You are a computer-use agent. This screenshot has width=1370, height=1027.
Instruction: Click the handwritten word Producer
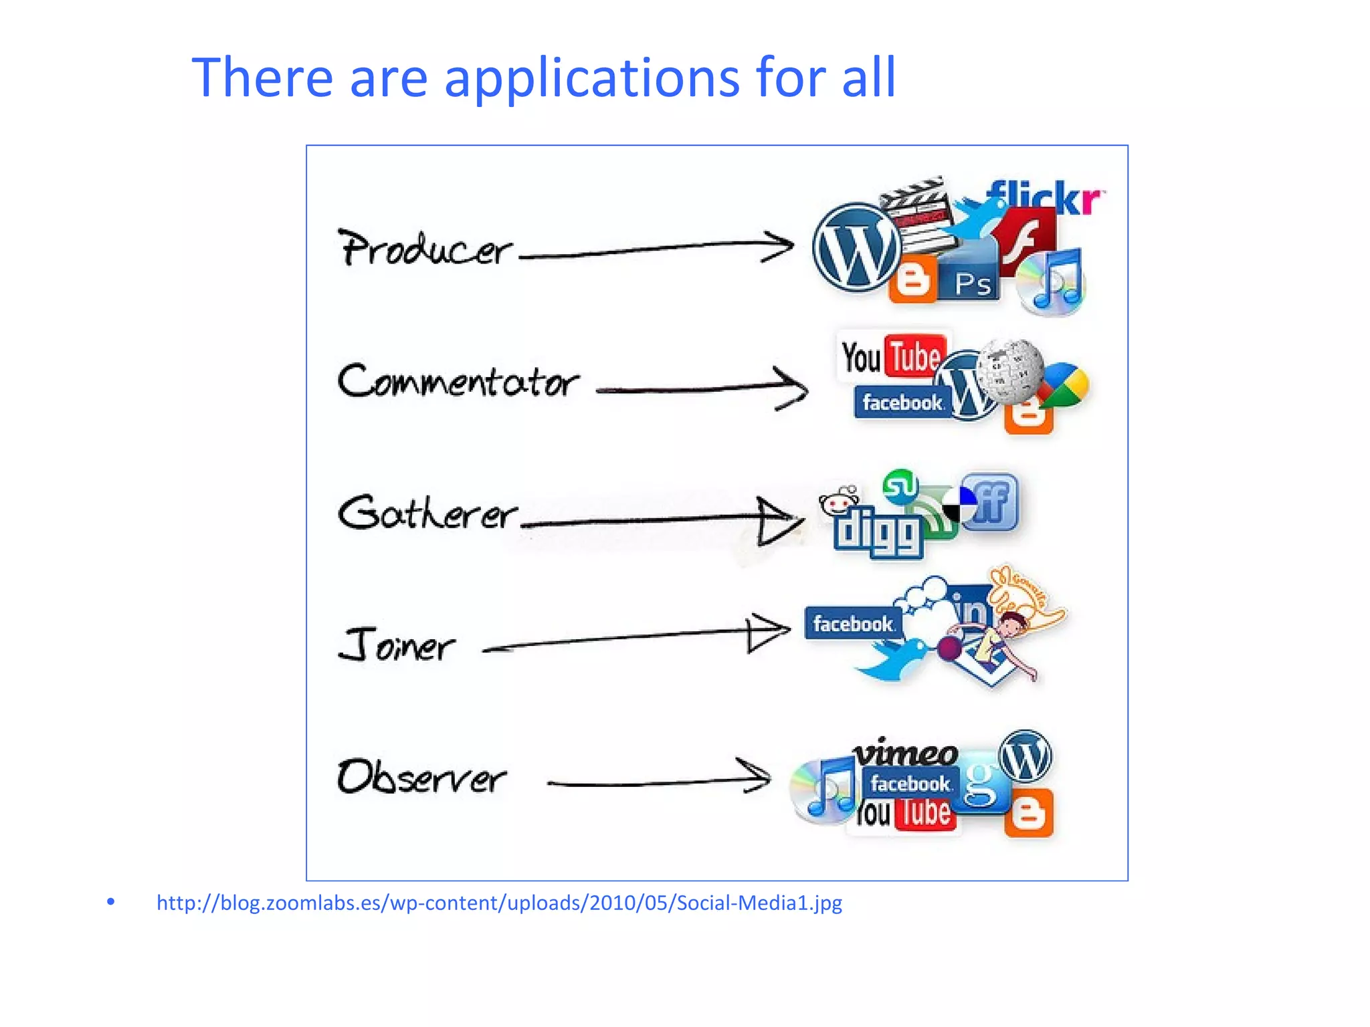tap(425, 249)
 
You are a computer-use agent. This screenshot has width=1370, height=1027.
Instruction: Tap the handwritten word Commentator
tap(458, 382)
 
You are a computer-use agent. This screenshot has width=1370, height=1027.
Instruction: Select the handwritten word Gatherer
tap(427, 513)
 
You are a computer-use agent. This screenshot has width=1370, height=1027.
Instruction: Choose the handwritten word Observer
tap(421, 777)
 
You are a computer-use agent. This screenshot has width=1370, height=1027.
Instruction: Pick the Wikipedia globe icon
tap(1009, 371)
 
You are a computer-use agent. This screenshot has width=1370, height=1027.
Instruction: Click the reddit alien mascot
tap(839, 501)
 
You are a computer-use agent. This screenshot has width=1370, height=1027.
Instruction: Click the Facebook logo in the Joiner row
tap(853, 624)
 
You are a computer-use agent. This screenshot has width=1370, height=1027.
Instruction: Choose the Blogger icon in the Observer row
tap(1029, 813)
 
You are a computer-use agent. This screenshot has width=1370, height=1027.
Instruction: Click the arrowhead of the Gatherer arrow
tap(779, 520)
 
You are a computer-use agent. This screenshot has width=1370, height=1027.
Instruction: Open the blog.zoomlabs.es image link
tap(499, 903)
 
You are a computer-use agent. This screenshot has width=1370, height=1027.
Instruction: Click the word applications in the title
tap(591, 79)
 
